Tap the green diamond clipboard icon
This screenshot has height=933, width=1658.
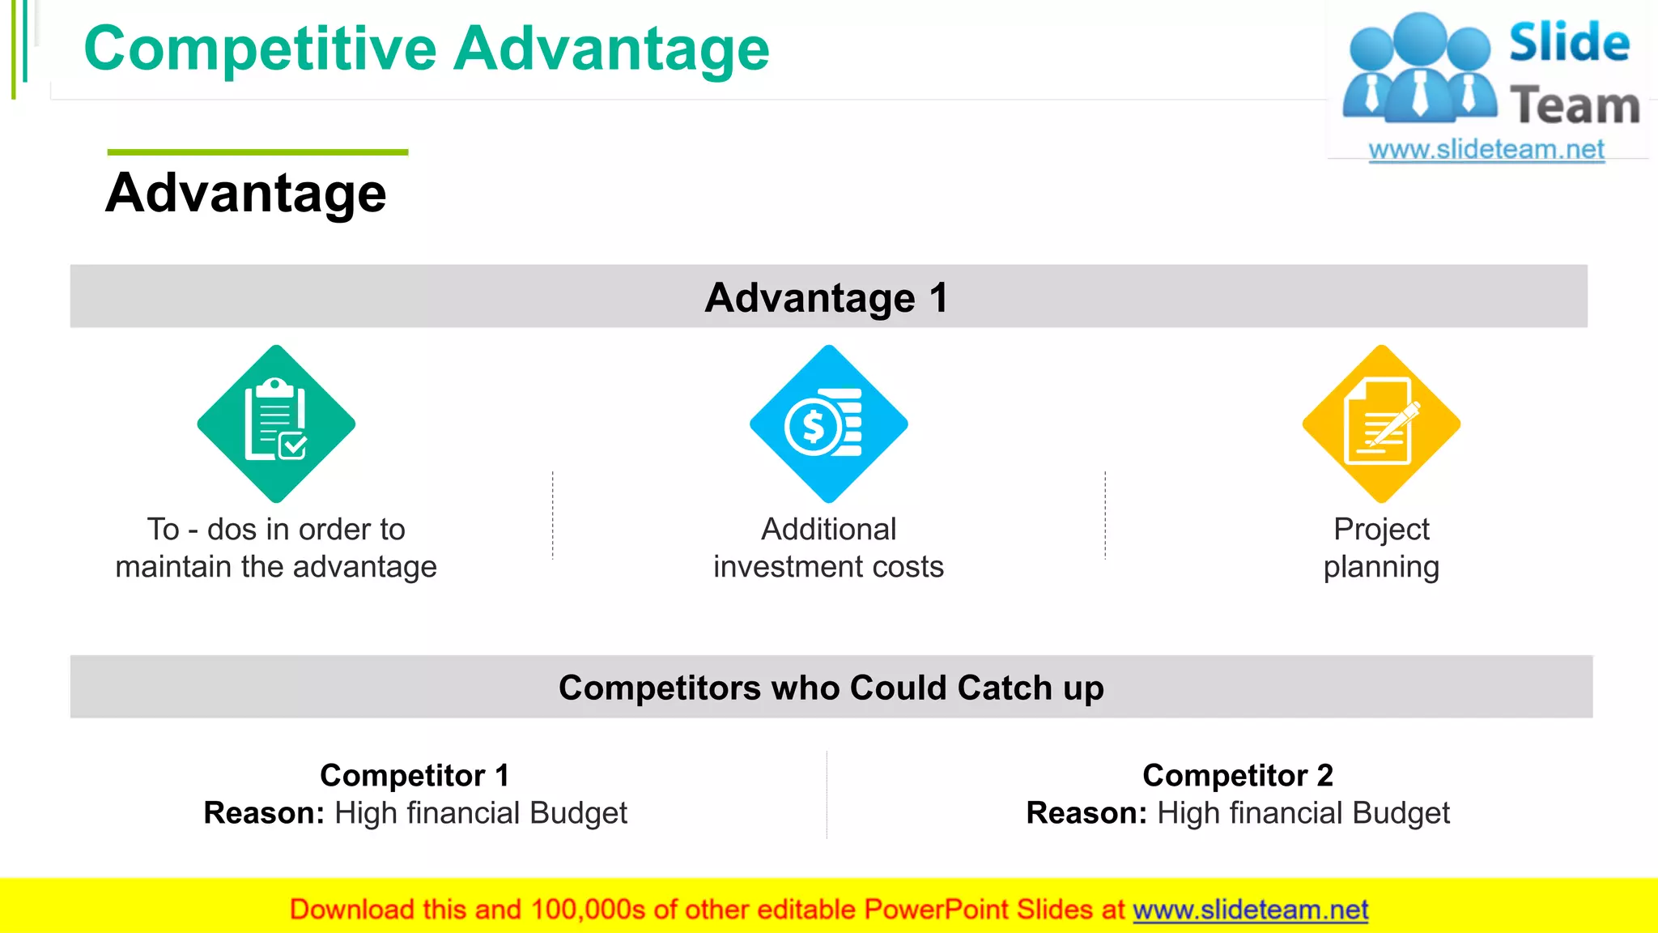click(x=276, y=424)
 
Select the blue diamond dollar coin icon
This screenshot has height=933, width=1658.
click(x=828, y=424)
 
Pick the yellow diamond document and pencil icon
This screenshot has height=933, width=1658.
click(x=1381, y=424)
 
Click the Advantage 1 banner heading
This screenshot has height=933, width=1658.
click(x=827, y=297)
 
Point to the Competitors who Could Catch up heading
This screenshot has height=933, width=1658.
click(x=831, y=688)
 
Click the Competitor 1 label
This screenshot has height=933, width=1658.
click(x=414, y=775)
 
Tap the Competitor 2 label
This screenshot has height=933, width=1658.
click(x=1237, y=775)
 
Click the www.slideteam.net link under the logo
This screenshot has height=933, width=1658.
click(x=1486, y=150)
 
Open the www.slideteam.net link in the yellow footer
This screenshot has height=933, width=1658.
click(x=1250, y=910)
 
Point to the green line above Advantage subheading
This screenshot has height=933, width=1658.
click(x=257, y=152)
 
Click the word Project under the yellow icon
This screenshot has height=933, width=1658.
click(x=1381, y=529)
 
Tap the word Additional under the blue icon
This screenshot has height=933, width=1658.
click(x=828, y=529)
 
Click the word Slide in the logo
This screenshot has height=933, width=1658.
click(x=1569, y=42)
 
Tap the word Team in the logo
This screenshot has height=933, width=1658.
click(x=1575, y=106)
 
